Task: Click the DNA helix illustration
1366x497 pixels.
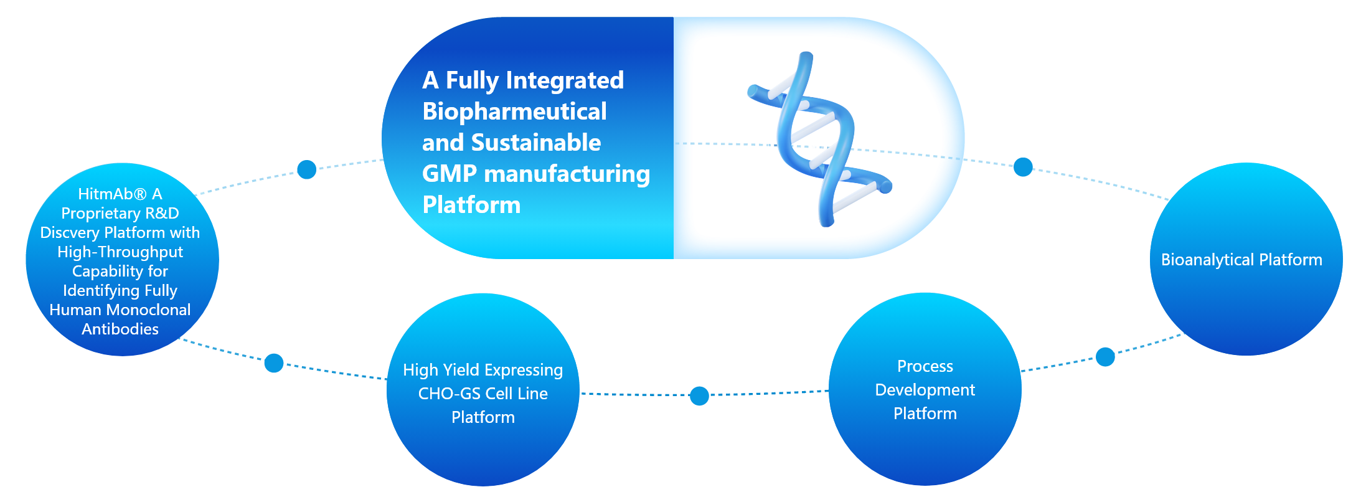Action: [819, 138]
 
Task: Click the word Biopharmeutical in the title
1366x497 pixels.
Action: [514, 111]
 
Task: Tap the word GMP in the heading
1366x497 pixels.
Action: [449, 174]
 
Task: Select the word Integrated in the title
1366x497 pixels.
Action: [565, 80]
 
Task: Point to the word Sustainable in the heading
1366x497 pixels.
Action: [535, 143]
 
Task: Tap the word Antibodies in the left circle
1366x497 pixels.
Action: [120, 329]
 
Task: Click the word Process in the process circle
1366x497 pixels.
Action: [925, 366]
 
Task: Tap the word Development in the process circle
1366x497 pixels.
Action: [925, 390]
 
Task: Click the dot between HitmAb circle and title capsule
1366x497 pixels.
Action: [306, 169]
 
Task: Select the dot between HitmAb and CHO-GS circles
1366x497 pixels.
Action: [274, 362]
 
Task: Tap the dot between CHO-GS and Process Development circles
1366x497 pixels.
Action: [699, 395]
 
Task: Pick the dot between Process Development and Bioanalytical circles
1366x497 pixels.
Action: [1105, 357]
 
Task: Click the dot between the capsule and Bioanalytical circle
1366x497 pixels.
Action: [1023, 167]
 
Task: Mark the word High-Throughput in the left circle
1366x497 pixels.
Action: [120, 252]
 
